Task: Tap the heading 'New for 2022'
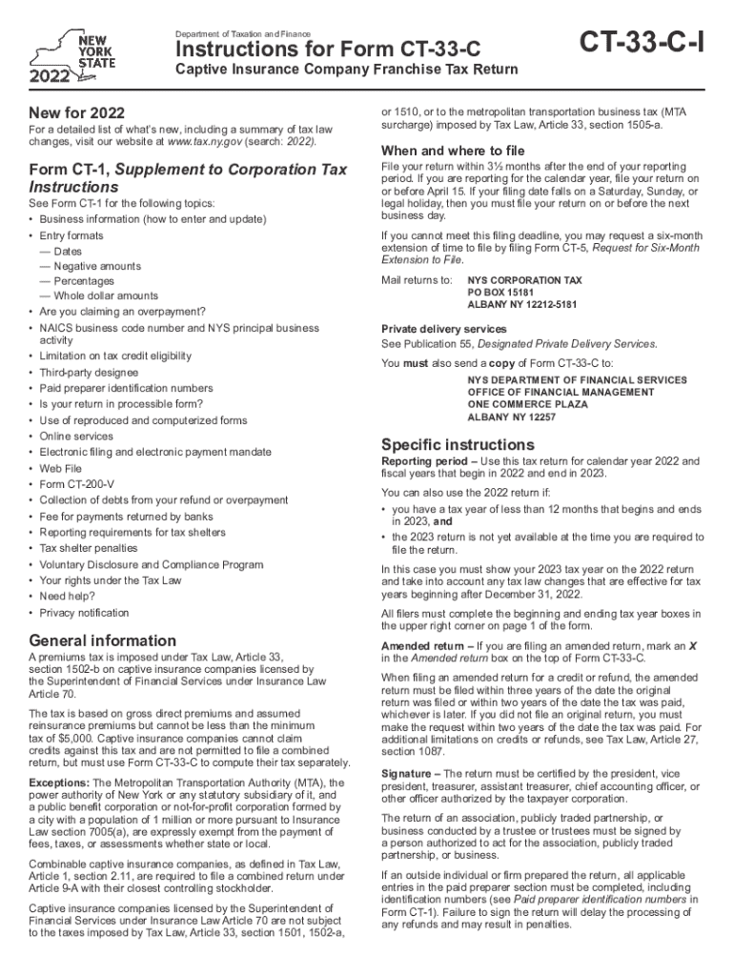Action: (x=77, y=112)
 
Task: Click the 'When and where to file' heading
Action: (x=453, y=151)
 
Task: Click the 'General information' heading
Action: (x=103, y=640)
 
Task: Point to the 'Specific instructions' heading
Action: (x=458, y=444)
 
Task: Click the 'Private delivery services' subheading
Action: (x=444, y=329)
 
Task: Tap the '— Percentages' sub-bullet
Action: (x=77, y=281)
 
